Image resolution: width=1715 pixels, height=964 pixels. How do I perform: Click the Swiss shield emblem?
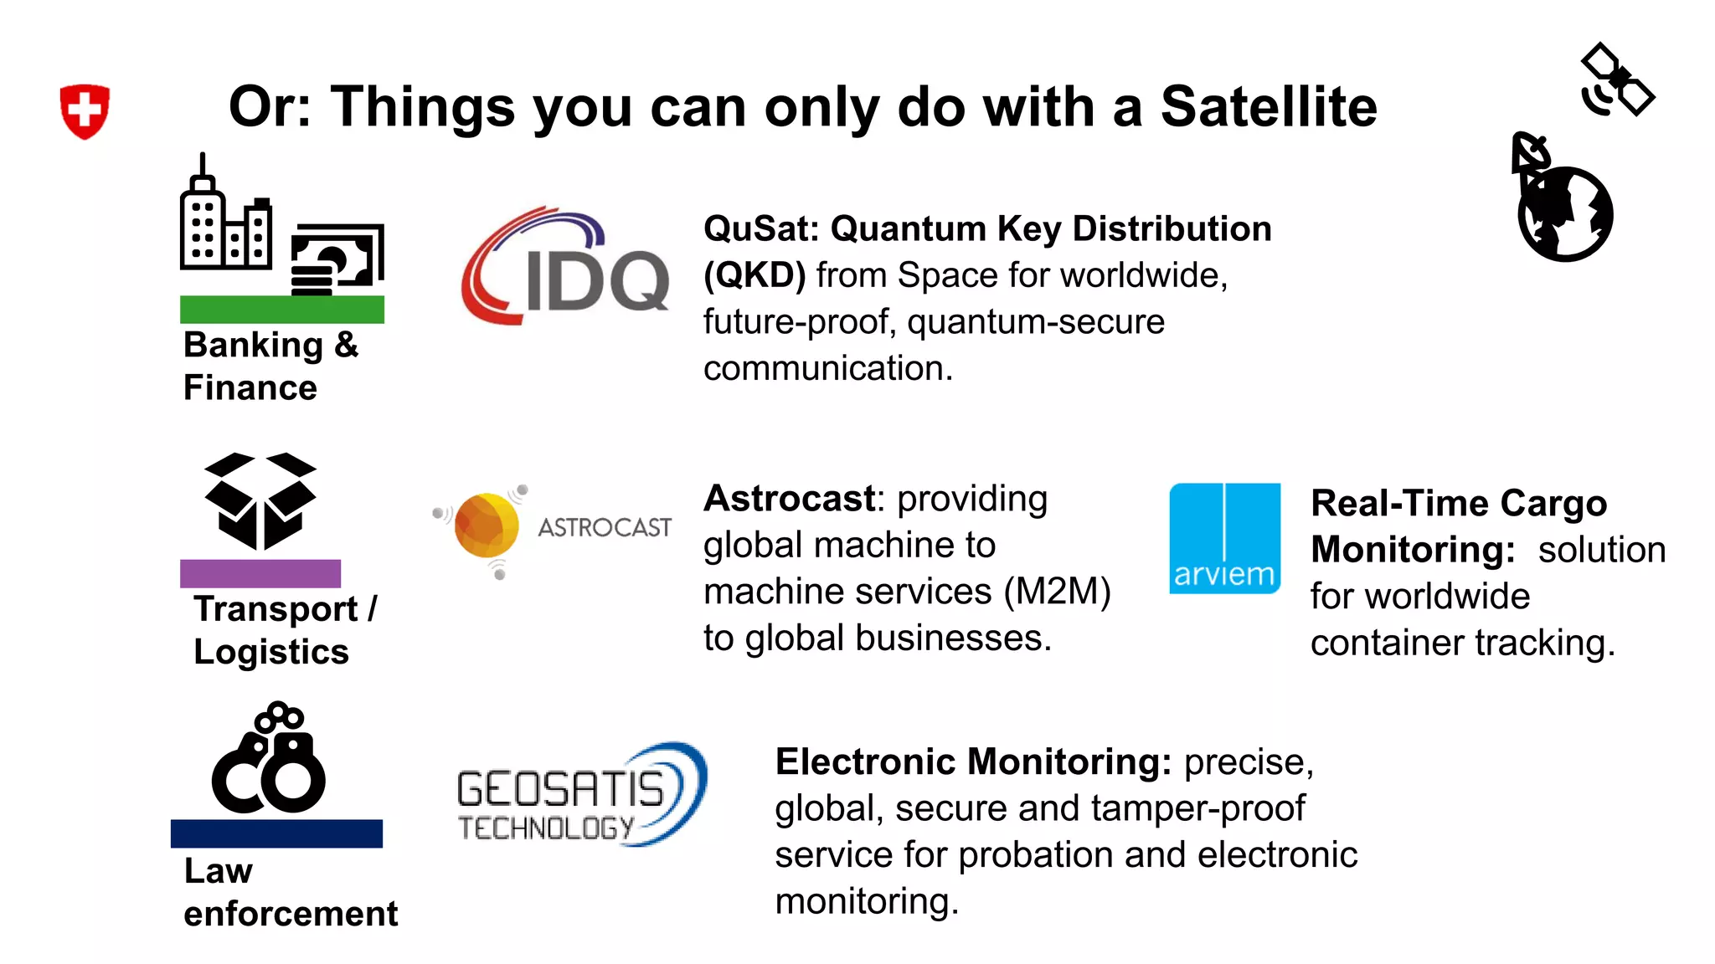click(85, 110)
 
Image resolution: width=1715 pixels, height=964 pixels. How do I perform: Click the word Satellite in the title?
click(1268, 107)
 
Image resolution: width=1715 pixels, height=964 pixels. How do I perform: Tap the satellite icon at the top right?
click(1617, 80)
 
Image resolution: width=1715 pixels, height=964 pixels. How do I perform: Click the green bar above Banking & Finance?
click(282, 310)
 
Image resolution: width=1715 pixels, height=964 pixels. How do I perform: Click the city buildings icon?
click(224, 222)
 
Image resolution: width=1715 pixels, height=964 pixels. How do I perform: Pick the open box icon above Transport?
click(260, 500)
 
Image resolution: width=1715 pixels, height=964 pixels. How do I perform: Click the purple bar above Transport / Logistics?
click(260, 573)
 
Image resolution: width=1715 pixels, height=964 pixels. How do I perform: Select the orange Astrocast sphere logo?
click(486, 526)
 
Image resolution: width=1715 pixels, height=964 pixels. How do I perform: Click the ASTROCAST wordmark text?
click(604, 528)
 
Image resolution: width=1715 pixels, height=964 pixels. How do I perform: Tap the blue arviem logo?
click(1224, 539)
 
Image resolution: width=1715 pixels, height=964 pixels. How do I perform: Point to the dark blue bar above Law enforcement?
click(276, 833)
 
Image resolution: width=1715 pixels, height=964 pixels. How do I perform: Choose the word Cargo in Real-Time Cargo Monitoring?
click(1553, 504)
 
